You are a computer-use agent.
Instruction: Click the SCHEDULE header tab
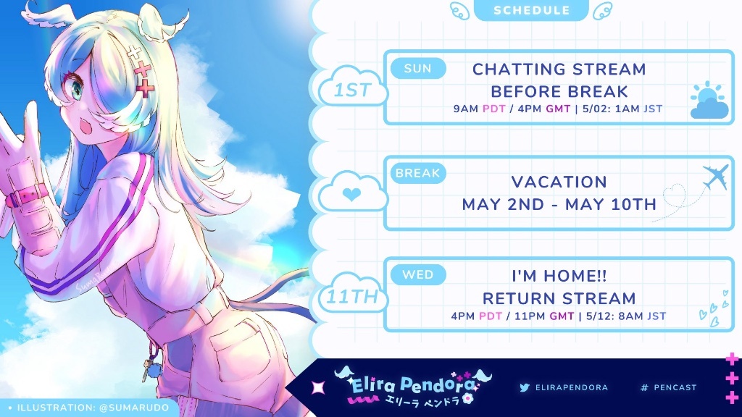click(531, 10)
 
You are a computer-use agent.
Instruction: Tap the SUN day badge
click(418, 69)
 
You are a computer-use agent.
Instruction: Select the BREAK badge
click(418, 173)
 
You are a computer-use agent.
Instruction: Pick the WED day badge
click(418, 274)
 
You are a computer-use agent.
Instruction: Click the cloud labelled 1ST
click(353, 87)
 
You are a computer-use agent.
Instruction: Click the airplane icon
click(715, 177)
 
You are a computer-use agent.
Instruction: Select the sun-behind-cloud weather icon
click(709, 100)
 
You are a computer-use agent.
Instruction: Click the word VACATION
click(559, 182)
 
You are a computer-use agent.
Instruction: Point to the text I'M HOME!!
click(559, 276)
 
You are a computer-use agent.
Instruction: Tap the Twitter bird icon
click(525, 388)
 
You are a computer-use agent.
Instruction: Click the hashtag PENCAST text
click(668, 388)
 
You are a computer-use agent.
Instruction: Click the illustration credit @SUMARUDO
click(134, 408)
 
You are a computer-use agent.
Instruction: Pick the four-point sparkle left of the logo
click(318, 388)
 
